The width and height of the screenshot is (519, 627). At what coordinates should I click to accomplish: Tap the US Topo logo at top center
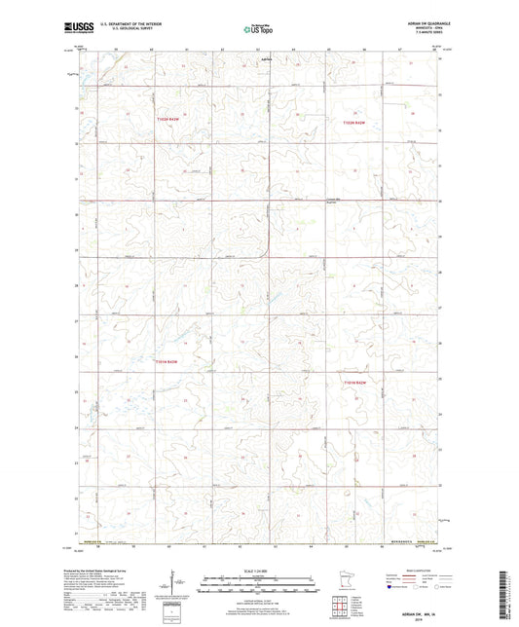coord(258,29)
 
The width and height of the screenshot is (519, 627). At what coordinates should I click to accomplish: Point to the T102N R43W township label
coord(167,122)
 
